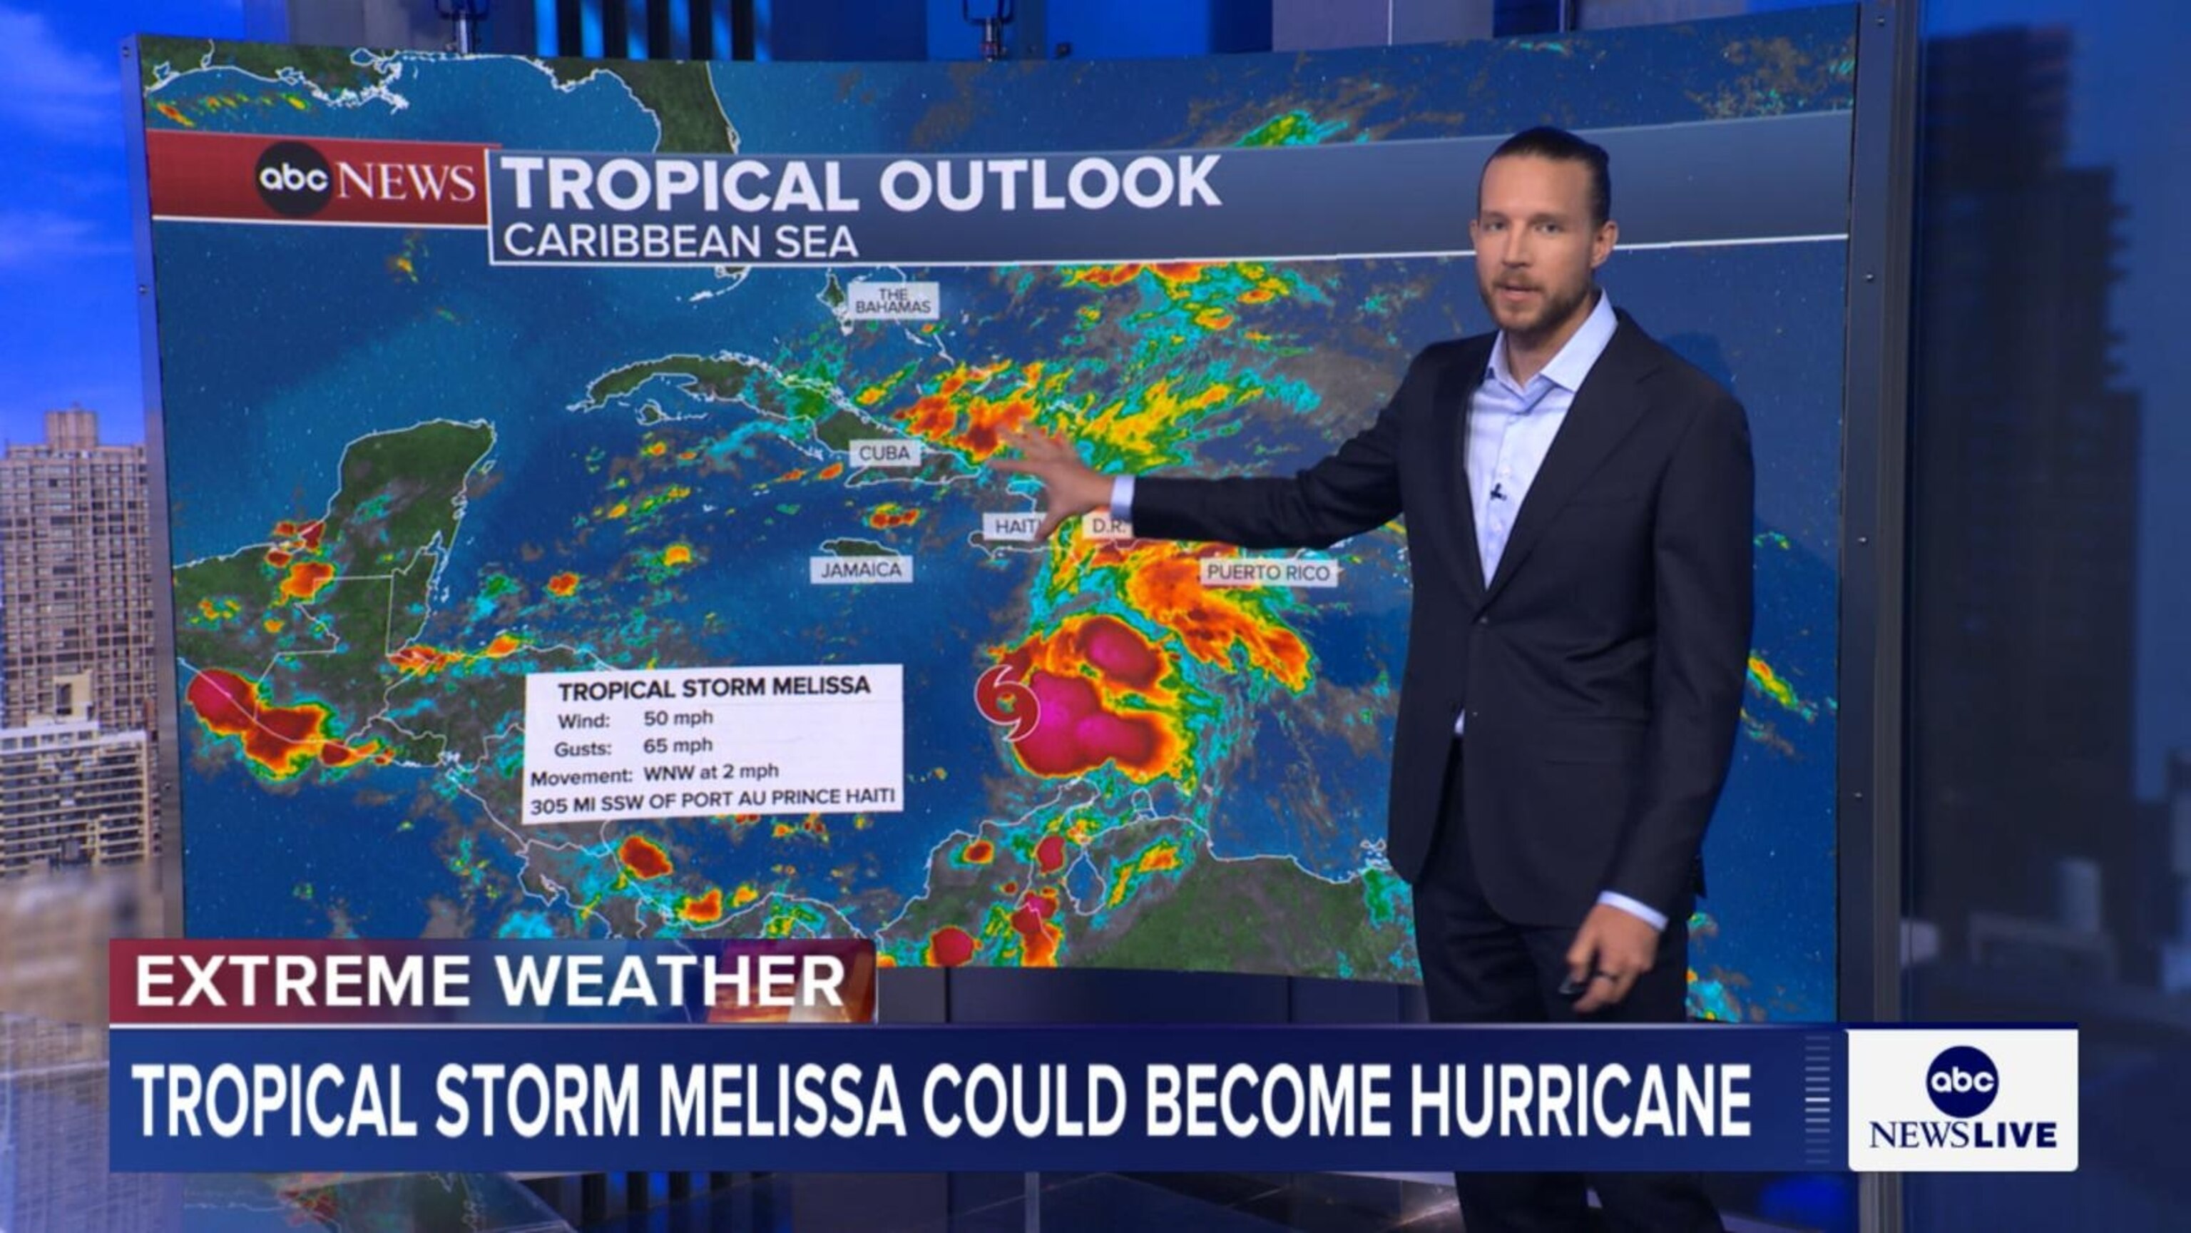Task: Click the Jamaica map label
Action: click(x=861, y=569)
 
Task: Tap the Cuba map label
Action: click(x=884, y=452)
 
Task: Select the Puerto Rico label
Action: click(x=1268, y=573)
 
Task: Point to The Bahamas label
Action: click(x=893, y=300)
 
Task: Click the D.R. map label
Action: click(x=1108, y=527)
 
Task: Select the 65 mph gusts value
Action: click(x=678, y=746)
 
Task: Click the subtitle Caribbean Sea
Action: click(x=680, y=240)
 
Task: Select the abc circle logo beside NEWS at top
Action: click(x=293, y=178)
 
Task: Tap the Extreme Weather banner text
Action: click(x=490, y=981)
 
